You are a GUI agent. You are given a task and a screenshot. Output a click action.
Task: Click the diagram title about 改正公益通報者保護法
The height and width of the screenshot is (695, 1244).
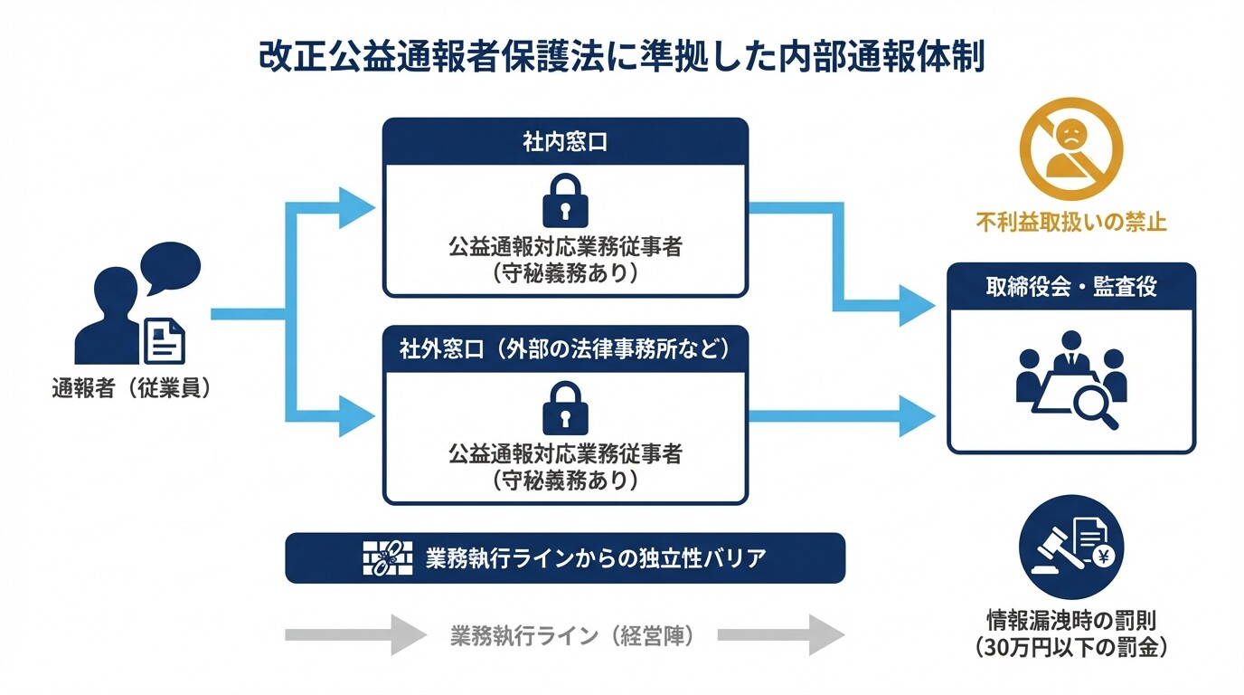click(x=621, y=56)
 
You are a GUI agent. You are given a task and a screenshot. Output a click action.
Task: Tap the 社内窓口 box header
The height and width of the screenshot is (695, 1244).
click(x=565, y=142)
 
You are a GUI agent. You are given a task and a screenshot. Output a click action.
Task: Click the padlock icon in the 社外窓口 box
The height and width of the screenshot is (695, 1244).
click(x=565, y=409)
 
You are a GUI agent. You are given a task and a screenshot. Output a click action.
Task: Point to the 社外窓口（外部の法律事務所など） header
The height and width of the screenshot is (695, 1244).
click(x=565, y=349)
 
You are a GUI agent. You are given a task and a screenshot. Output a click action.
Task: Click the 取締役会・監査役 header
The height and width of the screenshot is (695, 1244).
click(x=1071, y=287)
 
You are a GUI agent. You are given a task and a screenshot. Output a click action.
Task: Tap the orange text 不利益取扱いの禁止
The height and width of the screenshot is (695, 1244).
click(x=1071, y=223)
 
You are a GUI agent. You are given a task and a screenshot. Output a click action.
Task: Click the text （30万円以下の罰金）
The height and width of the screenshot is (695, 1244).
click(x=1071, y=647)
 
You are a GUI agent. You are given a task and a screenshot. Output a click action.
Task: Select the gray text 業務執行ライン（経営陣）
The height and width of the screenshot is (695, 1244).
click(x=571, y=636)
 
